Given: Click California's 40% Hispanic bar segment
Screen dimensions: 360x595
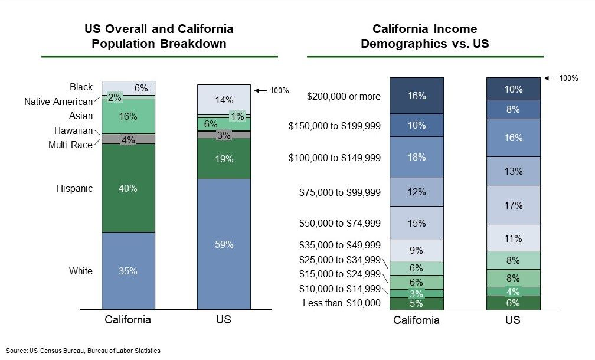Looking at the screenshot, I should coord(128,188).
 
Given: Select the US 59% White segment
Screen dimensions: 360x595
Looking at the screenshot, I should coord(224,244).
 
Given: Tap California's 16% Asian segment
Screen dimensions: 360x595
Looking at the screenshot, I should coord(128,116).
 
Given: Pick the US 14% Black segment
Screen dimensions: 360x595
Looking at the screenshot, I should coord(224,99).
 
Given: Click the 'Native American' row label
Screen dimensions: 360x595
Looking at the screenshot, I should coord(58,102).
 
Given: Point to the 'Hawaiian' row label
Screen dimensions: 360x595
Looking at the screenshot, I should coord(74,130).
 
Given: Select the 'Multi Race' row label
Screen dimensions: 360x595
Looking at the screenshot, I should coord(70,145).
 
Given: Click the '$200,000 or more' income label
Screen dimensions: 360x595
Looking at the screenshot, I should coord(344,96).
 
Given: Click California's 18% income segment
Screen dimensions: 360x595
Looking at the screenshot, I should coord(417,157).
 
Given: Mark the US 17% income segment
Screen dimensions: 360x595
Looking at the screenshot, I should coord(513,205).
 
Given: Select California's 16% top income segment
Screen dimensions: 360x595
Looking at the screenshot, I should coord(417,96).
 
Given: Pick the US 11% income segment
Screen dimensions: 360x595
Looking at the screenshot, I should coord(513,238).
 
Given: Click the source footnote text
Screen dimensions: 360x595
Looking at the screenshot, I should coord(83,350).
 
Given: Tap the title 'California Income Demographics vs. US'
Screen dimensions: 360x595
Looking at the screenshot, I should coord(425,37).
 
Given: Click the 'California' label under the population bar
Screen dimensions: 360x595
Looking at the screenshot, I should coord(128,320).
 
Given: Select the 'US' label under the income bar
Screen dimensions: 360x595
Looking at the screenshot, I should coord(513,320).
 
